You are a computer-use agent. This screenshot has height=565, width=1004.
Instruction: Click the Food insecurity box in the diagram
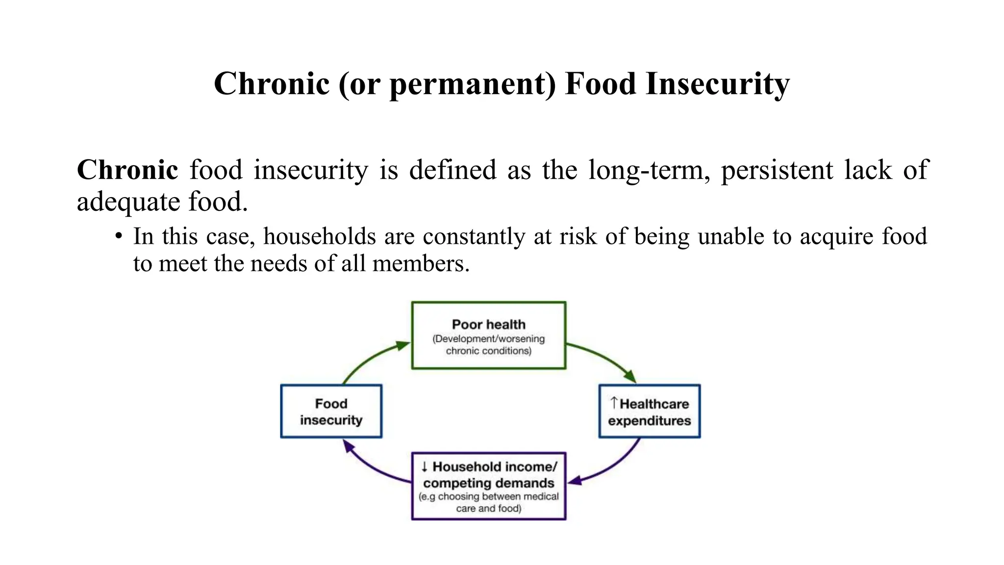coord(331,411)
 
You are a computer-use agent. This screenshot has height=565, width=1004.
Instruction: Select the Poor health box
coord(488,335)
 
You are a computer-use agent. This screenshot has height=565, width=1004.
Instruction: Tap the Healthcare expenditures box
coord(649,411)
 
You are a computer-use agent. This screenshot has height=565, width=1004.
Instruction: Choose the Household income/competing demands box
coord(488,486)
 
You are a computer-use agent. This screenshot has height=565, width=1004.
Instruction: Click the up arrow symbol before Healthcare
coord(614,403)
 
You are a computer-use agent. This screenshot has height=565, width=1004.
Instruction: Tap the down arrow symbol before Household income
coord(425,466)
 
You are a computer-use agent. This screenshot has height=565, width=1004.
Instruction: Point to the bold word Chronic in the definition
coord(127,170)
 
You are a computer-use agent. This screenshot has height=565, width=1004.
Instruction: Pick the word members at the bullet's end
coord(421,264)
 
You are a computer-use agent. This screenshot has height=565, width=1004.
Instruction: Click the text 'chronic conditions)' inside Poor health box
coord(488,351)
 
